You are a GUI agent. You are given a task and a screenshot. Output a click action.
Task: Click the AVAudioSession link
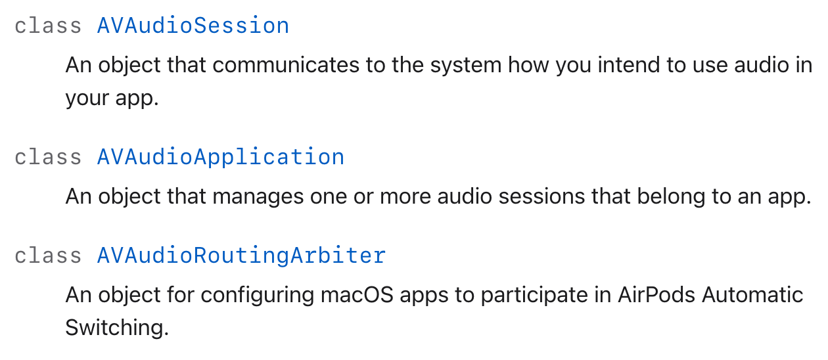click(x=193, y=26)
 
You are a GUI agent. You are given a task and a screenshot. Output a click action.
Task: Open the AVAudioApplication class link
click(x=221, y=158)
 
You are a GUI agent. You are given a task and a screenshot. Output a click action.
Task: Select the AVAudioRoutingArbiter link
click(x=241, y=256)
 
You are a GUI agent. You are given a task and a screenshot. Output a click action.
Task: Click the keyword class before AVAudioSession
click(x=48, y=26)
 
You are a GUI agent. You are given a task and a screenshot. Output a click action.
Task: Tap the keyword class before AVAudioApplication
click(x=48, y=157)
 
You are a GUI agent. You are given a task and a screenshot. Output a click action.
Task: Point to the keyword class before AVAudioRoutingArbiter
click(x=48, y=256)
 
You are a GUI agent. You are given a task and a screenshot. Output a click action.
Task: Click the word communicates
click(x=286, y=66)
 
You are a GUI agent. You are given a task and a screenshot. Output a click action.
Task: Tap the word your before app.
click(x=87, y=99)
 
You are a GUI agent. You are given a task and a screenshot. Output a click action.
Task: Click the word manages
click(x=258, y=197)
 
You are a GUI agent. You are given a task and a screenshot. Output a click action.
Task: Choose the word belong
click(x=671, y=196)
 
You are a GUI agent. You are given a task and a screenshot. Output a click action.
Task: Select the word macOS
click(x=357, y=296)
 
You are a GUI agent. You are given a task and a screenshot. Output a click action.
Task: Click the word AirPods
click(x=656, y=295)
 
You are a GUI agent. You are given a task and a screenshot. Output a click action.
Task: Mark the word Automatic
click(x=752, y=295)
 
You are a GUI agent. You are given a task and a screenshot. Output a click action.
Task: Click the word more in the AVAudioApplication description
click(x=405, y=197)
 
